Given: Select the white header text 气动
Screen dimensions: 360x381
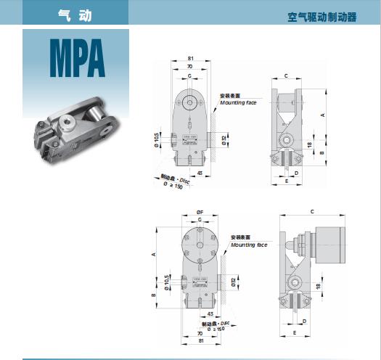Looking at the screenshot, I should (x=71, y=13).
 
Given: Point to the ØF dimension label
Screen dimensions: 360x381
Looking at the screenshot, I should (x=199, y=212).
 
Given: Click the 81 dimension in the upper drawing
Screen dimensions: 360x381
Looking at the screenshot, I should (x=189, y=58).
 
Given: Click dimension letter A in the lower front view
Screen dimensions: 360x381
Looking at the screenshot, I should (x=154, y=255).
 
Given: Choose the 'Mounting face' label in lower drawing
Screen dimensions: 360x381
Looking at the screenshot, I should (x=249, y=245).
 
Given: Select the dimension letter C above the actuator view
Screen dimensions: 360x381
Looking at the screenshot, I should (x=311, y=212).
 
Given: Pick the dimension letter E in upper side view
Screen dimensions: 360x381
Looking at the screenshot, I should (x=287, y=181).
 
